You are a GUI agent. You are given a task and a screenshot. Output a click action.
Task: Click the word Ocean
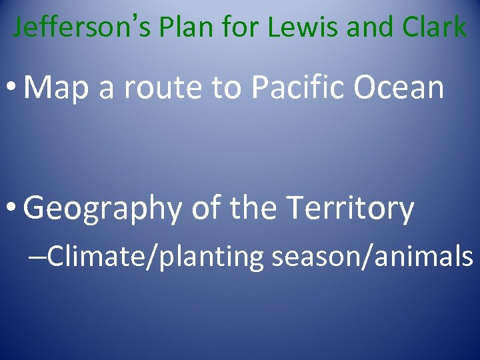coord(403,87)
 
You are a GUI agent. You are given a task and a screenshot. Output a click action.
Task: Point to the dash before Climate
coord(38,256)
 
